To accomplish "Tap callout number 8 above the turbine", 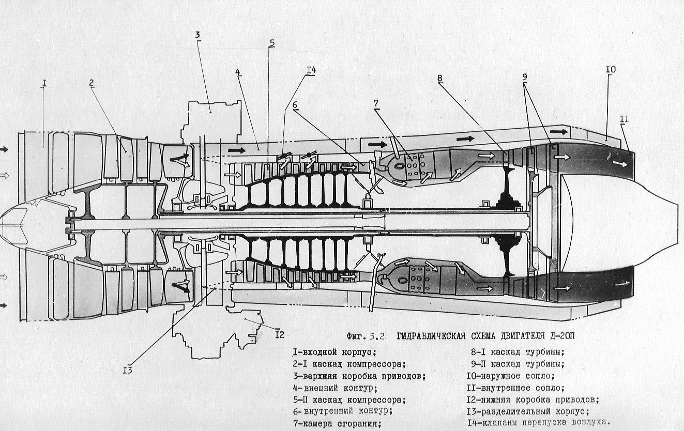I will (x=439, y=79).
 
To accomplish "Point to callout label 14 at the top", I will (x=311, y=70).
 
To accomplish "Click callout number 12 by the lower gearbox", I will (x=279, y=335).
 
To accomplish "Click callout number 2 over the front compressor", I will (x=91, y=83).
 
